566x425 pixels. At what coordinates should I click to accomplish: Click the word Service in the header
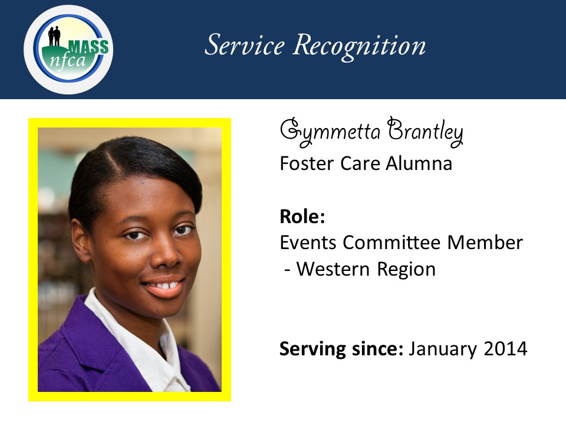click(245, 45)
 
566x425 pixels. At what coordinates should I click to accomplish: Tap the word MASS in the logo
click(89, 47)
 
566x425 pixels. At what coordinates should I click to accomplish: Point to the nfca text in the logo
click(67, 60)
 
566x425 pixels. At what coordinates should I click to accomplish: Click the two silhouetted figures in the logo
click(54, 36)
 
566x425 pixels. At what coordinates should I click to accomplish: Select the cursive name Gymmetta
click(330, 132)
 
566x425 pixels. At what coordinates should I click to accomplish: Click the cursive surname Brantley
click(425, 131)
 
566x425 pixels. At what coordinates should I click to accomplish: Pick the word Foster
click(307, 164)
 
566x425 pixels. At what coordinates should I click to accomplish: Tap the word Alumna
click(419, 164)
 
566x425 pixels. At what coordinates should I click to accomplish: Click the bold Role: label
click(302, 217)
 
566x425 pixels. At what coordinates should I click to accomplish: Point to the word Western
click(333, 269)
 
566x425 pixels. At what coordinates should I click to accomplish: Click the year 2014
click(506, 349)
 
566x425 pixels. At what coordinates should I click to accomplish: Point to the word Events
click(308, 243)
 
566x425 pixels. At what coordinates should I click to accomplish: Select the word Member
click(485, 243)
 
